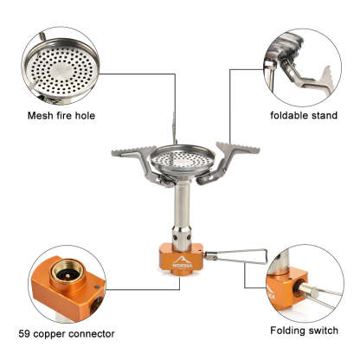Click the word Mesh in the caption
click(40, 116)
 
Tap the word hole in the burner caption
click(85, 116)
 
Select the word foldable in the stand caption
click(286, 115)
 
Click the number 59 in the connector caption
click(24, 334)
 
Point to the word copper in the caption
click(48, 335)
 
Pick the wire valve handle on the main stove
click(236, 256)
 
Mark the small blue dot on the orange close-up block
click(97, 287)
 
